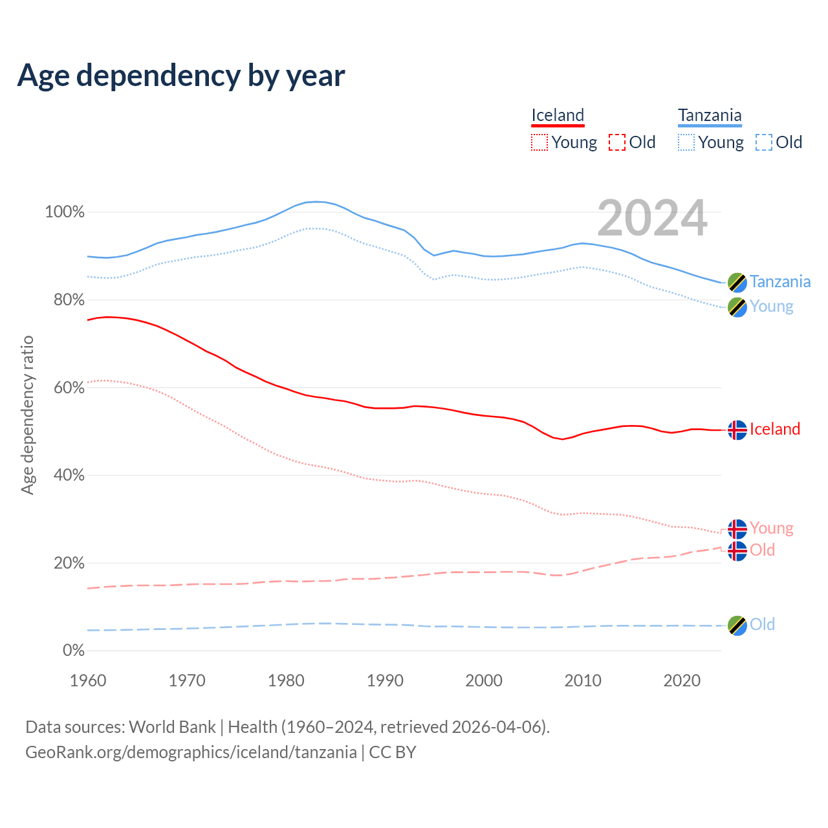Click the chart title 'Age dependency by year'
pos(181,76)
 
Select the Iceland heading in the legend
pos(558,116)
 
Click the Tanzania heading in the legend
pos(710,116)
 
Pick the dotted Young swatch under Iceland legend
pos(539,142)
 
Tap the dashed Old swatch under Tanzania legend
pos(763,142)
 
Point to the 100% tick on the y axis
pos(65,212)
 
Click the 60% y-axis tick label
pos(65,387)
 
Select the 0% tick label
pos(74,650)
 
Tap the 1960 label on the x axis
pos(88,681)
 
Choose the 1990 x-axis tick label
pos(385,681)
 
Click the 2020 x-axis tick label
pos(682,681)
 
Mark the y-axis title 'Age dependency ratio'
pos(27,415)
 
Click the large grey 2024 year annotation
pos(652,219)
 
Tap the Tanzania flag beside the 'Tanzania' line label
pos(737,282)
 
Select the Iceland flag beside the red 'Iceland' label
pos(737,430)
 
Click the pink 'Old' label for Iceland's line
pos(762,550)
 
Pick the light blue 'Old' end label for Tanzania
pos(762,624)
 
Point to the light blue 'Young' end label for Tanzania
pos(771,306)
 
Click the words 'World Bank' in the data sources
pos(172,727)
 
